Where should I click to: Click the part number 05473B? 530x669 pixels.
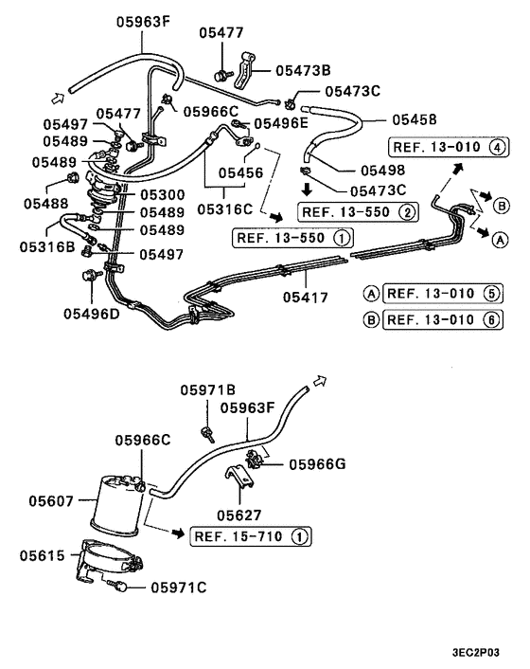point(303,69)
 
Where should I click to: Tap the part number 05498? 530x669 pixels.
point(356,171)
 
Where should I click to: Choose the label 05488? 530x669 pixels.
point(47,203)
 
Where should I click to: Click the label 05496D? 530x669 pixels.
point(93,314)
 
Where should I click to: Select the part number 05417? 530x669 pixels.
point(306,298)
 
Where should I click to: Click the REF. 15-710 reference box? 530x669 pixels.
point(250,537)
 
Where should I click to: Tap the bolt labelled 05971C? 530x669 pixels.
point(125,588)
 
